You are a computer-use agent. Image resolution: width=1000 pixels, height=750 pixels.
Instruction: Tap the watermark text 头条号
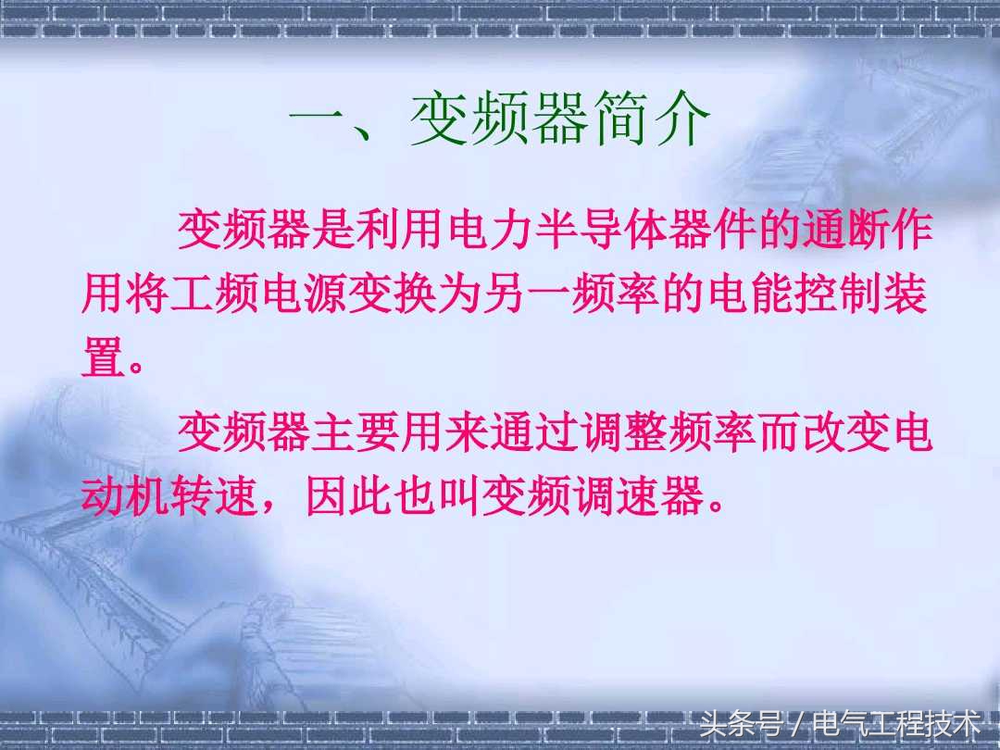740,721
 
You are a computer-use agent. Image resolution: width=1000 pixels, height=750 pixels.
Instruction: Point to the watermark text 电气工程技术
895,721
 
